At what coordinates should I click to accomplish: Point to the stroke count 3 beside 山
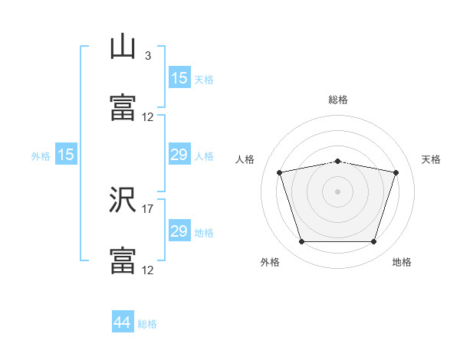coord(147,56)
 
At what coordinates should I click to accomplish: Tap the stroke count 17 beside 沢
coord(148,208)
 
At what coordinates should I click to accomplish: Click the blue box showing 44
coord(123,322)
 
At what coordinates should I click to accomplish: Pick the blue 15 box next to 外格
coord(66,155)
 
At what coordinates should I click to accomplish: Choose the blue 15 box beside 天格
coord(179,78)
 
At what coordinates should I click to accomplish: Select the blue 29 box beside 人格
coord(179,155)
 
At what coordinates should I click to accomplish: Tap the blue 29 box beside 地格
coord(179,231)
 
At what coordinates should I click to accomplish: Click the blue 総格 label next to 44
coord(147,324)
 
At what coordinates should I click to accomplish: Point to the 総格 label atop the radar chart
coord(338,100)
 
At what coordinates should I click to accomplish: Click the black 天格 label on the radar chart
coord(432,159)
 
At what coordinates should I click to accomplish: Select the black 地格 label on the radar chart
coord(402,262)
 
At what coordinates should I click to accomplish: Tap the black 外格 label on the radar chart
coord(270,262)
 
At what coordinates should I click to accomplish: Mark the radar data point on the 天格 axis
coord(396,172)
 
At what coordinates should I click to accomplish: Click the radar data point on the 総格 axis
coord(338,161)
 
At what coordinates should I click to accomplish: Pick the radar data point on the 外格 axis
coord(301,242)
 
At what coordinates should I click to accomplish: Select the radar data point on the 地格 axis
coord(374,242)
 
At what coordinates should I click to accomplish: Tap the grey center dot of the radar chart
coord(338,191)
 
